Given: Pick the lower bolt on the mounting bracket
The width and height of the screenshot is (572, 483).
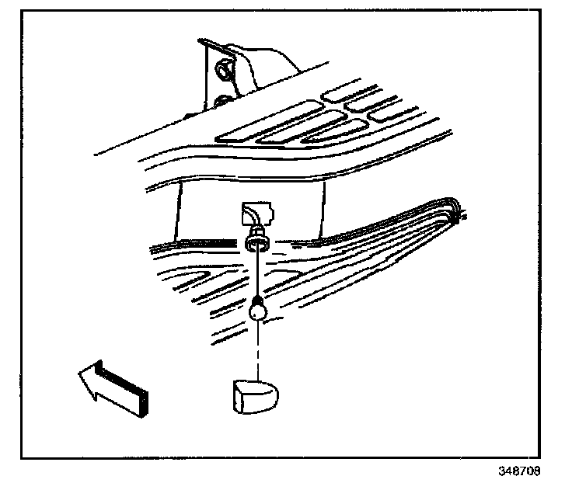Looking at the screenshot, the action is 221,102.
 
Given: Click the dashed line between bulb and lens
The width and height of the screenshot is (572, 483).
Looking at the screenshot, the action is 256,349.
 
